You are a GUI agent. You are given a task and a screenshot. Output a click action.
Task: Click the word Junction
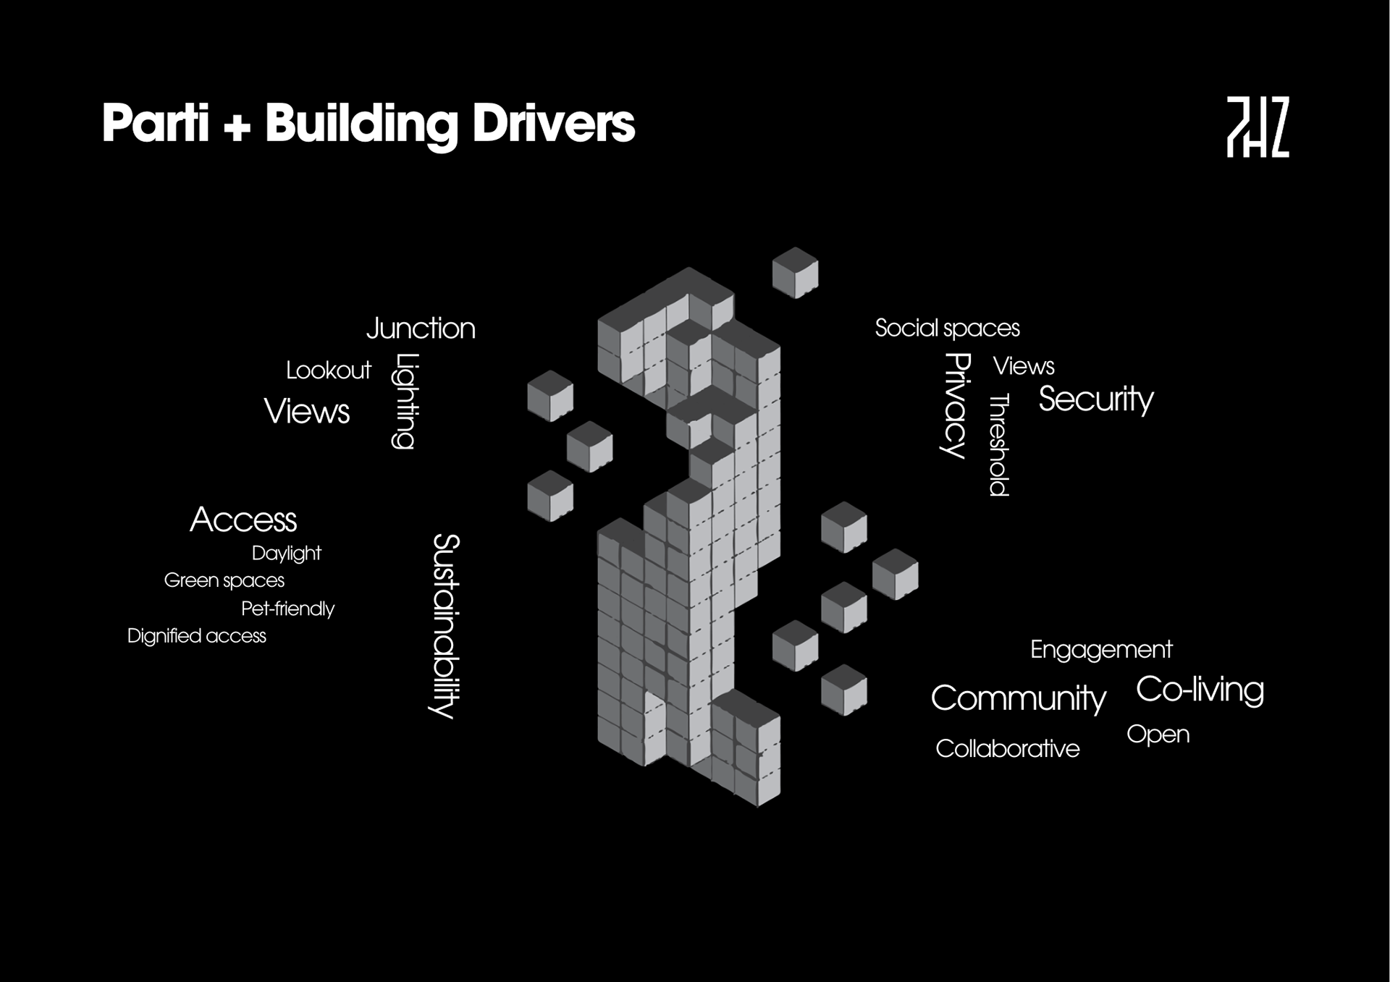tap(421, 329)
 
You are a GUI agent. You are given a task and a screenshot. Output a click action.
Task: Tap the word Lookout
tap(328, 371)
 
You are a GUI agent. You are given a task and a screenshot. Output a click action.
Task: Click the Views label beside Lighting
tap(307, 412)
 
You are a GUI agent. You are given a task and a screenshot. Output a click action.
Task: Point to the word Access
tap(243, 520)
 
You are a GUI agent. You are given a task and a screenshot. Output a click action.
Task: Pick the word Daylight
tap(286, 554)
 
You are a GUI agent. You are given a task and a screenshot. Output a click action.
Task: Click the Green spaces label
tap(224, 580)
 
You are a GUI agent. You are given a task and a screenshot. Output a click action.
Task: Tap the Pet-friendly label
tap(287, 609)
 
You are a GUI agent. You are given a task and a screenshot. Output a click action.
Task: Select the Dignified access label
tap(196, 636)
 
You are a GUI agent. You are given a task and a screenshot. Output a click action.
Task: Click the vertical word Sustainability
tap(446, 626)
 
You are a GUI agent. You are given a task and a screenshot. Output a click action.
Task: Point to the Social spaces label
tap(947, 329)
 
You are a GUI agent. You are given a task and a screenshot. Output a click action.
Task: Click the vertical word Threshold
tap(999, 445)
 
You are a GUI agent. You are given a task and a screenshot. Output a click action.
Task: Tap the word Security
tap(1096, 399)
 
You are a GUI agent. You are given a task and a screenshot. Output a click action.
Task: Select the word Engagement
tap(1100, 650)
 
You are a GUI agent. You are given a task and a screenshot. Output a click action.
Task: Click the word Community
tap(1018, 698)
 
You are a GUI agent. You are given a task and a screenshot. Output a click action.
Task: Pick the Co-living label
tap(1200, 690)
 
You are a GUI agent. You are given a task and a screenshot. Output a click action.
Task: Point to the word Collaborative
tap(1007, 749)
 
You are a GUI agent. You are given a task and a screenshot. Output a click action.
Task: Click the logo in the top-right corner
tap(1258, 127)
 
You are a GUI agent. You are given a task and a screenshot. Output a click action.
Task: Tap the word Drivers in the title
tap(554, 124)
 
